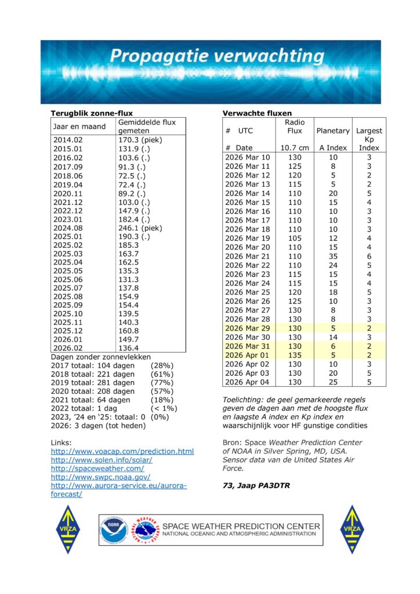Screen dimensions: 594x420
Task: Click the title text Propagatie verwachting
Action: point(217,57)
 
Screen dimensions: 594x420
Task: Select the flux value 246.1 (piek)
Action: point(140,229)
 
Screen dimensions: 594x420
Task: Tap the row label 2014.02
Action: point(68,140)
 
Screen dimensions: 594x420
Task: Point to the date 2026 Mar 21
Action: point(247,256)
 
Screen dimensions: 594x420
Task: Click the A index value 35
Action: point(332,256)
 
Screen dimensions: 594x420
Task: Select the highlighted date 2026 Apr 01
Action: point(247,355)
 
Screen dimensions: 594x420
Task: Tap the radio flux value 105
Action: point(295,238)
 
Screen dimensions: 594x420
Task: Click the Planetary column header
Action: point(333,131)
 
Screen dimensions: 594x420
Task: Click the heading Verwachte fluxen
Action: point(257,113)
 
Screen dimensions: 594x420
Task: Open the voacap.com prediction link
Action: point(122,451)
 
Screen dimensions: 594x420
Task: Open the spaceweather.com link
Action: point(97,468)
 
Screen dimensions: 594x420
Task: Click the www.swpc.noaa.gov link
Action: point(102,477)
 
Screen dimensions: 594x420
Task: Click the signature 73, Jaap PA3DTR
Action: point(256,486)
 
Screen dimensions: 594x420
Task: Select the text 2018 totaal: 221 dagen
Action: point(93,374)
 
